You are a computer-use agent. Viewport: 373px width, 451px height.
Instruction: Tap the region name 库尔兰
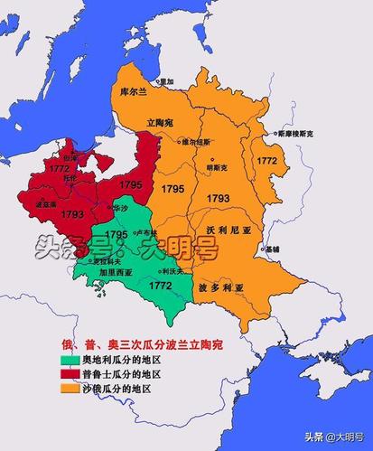coord(134,92)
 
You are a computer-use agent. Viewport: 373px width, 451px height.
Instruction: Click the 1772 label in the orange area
coord(266,160)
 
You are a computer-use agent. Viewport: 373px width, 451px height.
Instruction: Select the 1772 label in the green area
coord(161,285)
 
